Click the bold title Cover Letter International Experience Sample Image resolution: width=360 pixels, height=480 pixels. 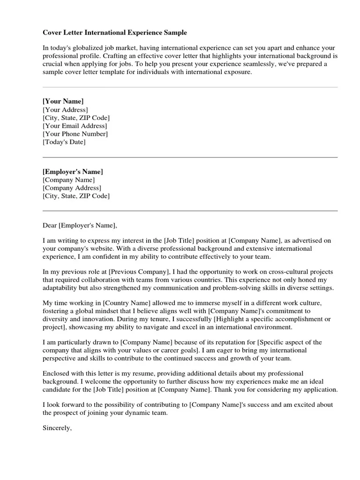click(115, 33)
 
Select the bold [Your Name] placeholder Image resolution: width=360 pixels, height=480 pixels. click(63, 101)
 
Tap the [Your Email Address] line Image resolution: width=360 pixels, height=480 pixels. click(75, 126)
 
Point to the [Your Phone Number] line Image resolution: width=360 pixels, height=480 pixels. click(75, 134)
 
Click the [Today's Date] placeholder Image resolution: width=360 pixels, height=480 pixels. click(64, 142)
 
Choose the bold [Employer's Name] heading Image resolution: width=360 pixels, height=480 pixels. click(73, 172)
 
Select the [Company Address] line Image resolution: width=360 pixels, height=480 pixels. click(72, 188)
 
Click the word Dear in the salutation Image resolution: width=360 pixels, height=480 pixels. click(50, 225)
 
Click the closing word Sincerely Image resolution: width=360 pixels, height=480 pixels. click(57, 427)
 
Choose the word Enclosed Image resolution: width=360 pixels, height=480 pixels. click(56, 374)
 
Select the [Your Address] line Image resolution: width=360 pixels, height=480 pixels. click(65, 110)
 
